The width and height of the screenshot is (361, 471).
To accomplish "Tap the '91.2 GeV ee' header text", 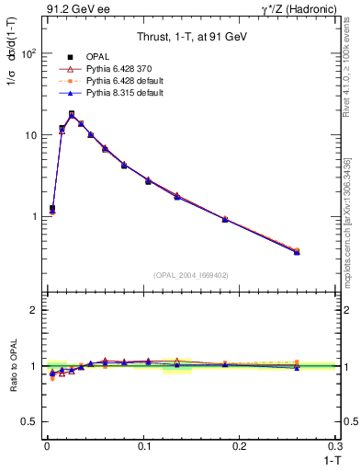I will coord(71,9).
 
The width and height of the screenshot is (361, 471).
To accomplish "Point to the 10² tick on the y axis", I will coord(28,53).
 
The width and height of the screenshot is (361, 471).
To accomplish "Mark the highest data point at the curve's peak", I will coord(72,114).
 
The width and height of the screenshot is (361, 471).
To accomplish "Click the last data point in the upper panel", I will coord(296,251).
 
